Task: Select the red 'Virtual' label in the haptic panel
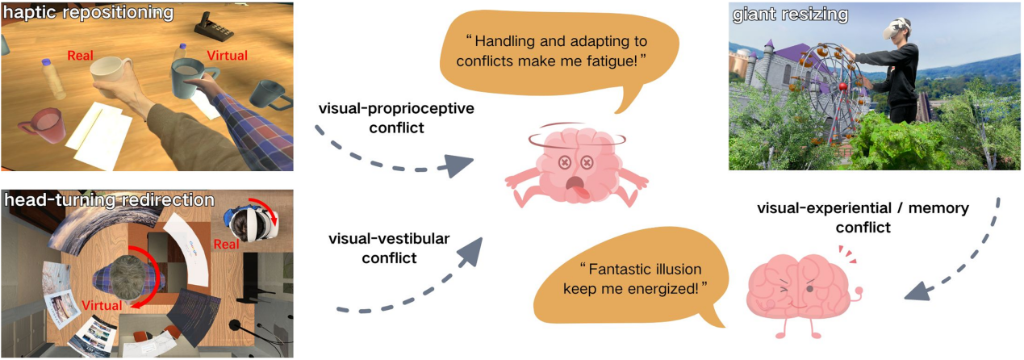point(228,56)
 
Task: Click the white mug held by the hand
point(110,77)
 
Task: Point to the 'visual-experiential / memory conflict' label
point(863,218)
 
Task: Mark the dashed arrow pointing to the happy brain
point(968,258)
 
